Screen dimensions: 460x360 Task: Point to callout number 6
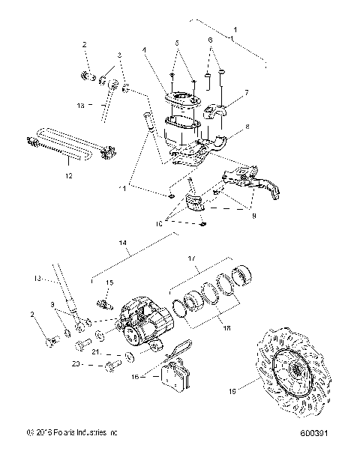point(209,38)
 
